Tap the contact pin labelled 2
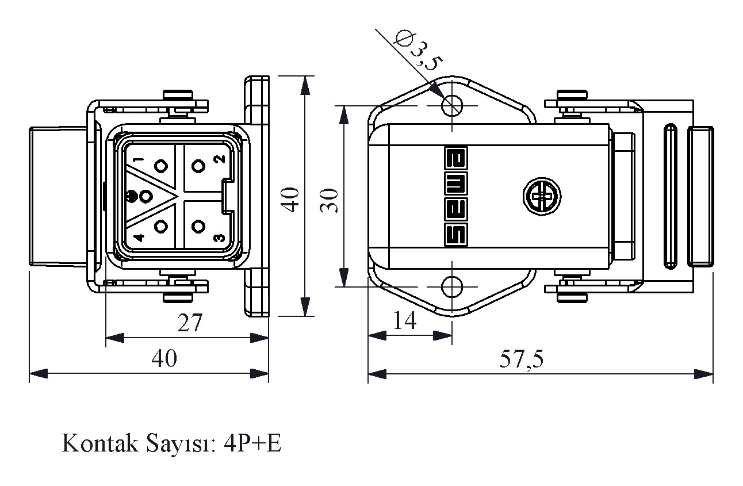(199, 167)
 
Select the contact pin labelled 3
(199, 226)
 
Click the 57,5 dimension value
(521, 360)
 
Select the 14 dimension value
(405, 321)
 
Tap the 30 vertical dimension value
(330, 200)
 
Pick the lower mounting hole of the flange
(453, 286)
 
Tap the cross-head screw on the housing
(541, 197)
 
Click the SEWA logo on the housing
(457, 196)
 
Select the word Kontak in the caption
(95, 444)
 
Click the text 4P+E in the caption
(253, 444)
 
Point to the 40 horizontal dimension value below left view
(164, 359)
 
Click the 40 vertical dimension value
(292, 199)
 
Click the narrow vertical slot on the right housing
(671, 197)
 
